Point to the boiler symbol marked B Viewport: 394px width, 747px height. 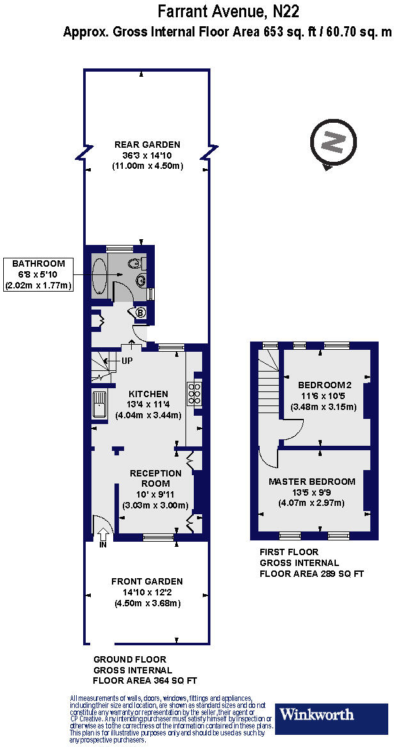tap(141, 313)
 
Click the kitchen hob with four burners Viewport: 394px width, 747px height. tap(194, 394)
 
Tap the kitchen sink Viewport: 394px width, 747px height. tap(100, 404)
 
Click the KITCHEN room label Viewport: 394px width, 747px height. tap(148, 394)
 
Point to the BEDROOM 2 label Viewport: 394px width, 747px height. tap(325, 385)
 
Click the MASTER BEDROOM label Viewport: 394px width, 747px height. tap(311, 482)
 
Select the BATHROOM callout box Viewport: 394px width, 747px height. tap(39, 274)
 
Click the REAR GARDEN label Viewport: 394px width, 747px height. tap(148, 145)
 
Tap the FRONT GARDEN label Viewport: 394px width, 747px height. tap(147, 581)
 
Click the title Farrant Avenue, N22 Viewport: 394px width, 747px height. tap(228, 12)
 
